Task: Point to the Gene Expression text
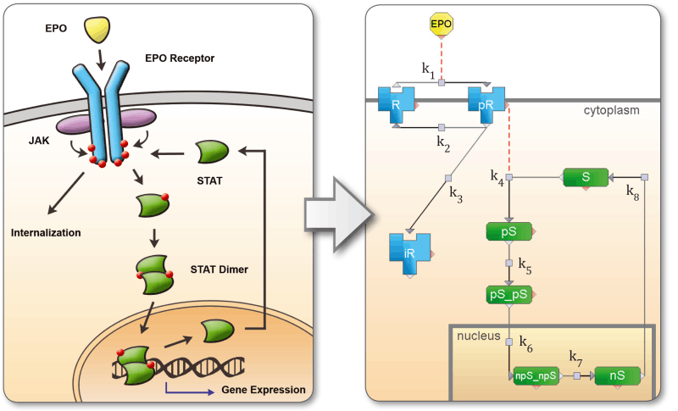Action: (263, 390)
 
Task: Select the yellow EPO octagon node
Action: (441, 25)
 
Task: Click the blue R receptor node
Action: (397, 103)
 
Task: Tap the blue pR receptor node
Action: (486, 103)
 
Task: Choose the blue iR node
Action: (409, 251)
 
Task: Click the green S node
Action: (586, 178)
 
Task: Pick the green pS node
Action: (509, 230)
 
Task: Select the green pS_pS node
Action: (509, 294)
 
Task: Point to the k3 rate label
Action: (455, 196)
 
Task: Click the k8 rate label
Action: (633, 192)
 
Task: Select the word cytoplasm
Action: (610, 110)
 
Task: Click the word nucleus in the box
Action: (479, 336)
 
